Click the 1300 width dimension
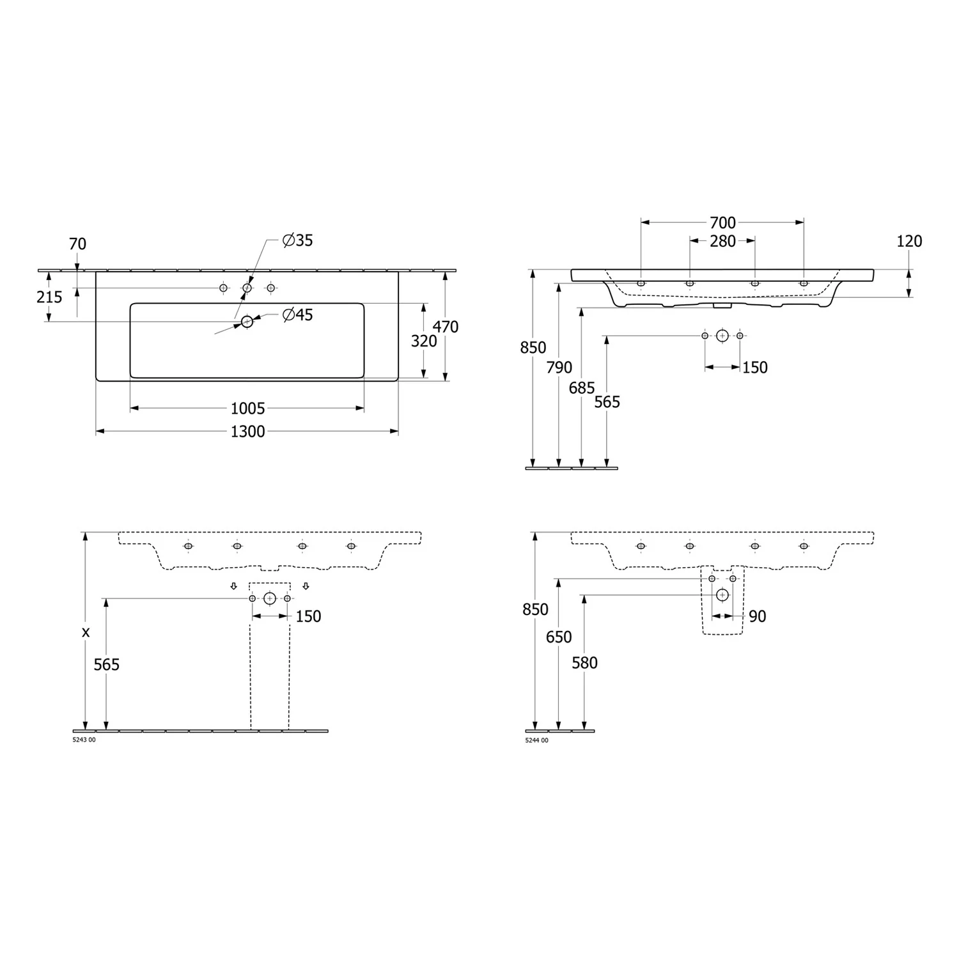pyautogui.click(x=247, y=432)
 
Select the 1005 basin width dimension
pyautogui.click(x=247, y=408)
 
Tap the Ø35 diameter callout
pyautogui.click(x=298, y=240)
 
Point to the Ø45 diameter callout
pyautogui.click(x=298, y=315)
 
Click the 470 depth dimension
pyautogui.click(x=445, y=327)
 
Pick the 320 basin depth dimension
pyautogui.click(x=424, y=341)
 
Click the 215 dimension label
pyautogui.click(x=49, y=297)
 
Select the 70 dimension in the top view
pyautogui.click(x=77, y=244)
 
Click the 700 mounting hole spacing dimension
pyautogui.click(x=722, y=222)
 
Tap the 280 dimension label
pyautogui.click(x=722, y=241)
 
